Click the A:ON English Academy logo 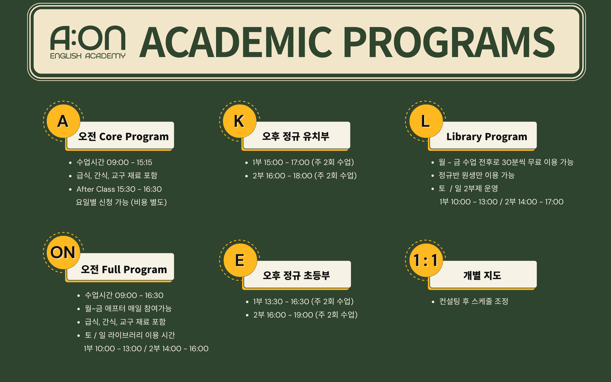(88, 42)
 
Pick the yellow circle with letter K (240, 121)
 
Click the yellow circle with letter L (426, 121)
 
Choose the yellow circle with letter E (240, 260)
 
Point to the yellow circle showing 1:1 (426, 260)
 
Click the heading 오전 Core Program (123, 137)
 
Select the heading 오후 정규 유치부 (296, 136)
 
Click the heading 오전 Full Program (124, 270)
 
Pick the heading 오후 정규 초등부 (296, 275)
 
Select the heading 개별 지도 (482, 275)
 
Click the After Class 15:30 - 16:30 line (119, 189)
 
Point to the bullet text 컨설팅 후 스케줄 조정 (474, 301)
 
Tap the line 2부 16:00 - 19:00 (305, 315)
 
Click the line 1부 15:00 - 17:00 (303, 162)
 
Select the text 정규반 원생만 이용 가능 (476, 175)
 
